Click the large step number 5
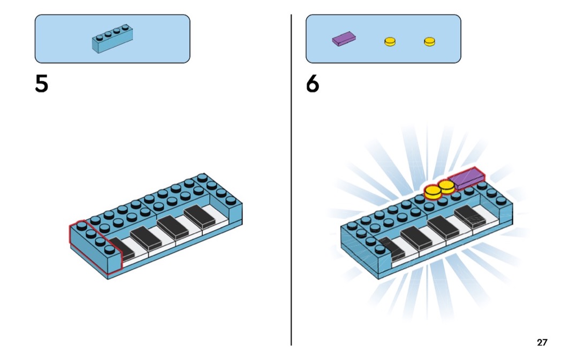(42, 84)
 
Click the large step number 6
(313, 84)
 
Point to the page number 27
(542, 342)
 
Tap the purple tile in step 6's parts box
(344, 39)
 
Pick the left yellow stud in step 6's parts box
(390, 41)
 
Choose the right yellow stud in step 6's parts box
(429, 41)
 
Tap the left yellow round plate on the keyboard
(432, 191)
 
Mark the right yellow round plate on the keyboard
(446, 186)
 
